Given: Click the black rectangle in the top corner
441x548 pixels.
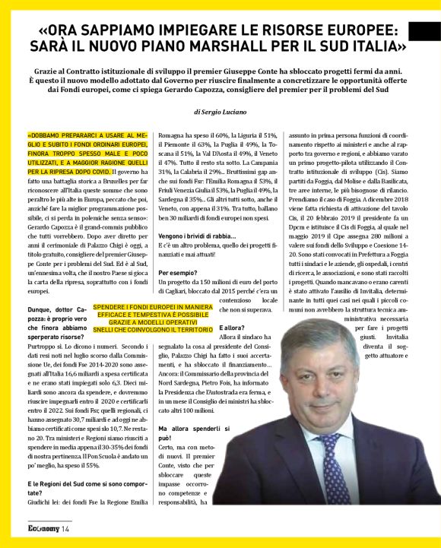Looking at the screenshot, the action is (424, 31).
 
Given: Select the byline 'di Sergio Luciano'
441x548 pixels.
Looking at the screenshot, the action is (220, 112).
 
